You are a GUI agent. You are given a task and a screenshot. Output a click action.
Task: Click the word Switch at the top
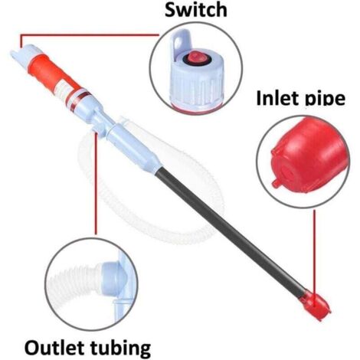coord(196,10)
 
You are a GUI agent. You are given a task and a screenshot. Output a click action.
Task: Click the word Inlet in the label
coord(277,97)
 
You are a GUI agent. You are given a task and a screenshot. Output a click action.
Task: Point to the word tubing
coord(120,349)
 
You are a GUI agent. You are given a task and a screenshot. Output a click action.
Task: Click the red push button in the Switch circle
coord(196,57)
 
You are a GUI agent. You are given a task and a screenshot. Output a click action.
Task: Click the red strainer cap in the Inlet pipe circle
coord(309,155)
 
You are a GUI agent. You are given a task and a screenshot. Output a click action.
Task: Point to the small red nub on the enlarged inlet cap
coord(275,183)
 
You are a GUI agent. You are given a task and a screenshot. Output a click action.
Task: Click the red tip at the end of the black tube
coord(316,305)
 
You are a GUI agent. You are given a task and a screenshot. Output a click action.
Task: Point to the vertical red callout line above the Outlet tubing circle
coord(96,183)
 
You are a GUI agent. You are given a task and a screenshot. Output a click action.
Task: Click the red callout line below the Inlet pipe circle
coord(314,255)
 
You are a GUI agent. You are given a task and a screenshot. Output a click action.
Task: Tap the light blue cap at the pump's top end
coord(25,53)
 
